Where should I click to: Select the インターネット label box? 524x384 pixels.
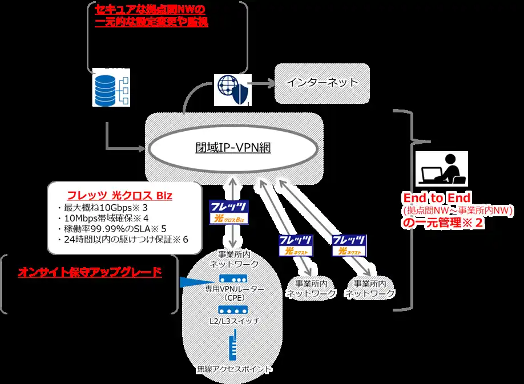(x=323, y=83)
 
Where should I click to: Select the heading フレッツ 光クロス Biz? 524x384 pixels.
(x=120, y=195)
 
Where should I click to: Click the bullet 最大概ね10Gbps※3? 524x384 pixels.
(x=103, y=207)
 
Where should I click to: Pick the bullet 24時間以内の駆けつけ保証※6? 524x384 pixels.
(x=123, y=239)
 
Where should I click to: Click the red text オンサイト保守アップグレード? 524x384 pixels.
(x=90, y=272)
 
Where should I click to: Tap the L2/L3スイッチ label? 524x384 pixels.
(x=234, y=321)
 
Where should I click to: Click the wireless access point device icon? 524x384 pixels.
(x=233, y=347)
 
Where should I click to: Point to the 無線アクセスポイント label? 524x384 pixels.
(x=234, y=369)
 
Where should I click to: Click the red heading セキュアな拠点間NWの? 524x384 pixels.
(x=150, y=11)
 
